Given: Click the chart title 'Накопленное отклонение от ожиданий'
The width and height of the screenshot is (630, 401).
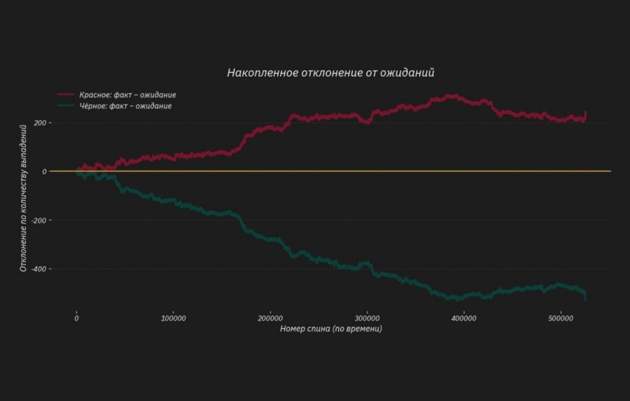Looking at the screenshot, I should pos(331,73).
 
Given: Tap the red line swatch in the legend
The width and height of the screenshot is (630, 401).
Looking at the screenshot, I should pos(66,94).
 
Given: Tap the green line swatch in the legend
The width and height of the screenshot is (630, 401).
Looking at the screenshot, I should pos(66,106).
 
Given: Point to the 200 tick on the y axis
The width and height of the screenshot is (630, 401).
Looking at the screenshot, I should pos(40,123).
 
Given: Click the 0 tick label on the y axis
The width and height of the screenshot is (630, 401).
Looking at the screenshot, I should pos(44,171).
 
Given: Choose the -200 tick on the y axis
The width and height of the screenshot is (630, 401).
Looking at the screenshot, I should pos(38,220).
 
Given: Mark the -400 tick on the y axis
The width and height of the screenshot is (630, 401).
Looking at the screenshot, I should pos(38,269).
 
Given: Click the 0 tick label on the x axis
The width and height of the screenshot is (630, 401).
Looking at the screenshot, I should pos(76,319).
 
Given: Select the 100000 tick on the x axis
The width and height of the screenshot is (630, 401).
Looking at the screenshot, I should pos(173,319).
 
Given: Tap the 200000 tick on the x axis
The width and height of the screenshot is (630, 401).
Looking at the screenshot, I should pos(270,319).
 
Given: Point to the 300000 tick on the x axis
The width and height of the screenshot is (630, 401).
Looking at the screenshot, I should pos(367,319).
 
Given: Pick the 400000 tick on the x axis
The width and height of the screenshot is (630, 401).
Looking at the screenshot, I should pos(464,319).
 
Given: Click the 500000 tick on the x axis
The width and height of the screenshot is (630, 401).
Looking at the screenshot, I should pos(561,319).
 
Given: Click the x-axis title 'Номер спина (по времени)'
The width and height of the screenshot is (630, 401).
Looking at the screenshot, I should pos(331,329).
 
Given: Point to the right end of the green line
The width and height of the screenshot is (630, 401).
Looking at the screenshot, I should pos(585,298).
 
